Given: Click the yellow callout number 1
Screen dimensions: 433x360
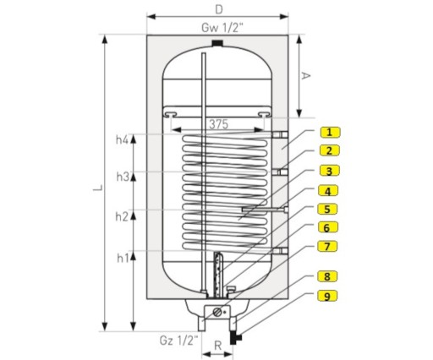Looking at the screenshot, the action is coord(330,132).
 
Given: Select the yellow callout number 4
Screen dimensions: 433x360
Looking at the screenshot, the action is coord(328,191).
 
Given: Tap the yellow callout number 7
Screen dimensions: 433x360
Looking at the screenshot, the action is coord(327,247).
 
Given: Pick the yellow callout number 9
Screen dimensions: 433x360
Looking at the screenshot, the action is coord(327,296).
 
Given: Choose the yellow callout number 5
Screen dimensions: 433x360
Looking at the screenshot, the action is coord(327,210).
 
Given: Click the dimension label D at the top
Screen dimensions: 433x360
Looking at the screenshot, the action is coord(219,10).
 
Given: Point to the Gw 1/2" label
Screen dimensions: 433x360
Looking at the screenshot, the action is coord(222,28).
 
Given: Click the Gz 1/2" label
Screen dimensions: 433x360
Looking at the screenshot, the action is coord(178,341).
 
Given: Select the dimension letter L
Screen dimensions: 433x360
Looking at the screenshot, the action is coord(97,188).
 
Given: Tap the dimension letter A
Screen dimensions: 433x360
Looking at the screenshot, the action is coord(305,75).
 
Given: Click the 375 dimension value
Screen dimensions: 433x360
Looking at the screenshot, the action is coord(218,124).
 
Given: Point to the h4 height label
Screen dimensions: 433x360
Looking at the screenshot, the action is coord(122,139).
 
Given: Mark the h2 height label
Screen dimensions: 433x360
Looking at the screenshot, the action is coord(122,216).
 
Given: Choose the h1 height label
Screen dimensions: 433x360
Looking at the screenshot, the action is coord(123,258).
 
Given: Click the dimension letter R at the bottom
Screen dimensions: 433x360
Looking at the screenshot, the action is coord(217,346).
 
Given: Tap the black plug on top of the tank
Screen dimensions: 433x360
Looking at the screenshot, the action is coord(217,43).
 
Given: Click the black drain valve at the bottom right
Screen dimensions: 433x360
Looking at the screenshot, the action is coord(235,337).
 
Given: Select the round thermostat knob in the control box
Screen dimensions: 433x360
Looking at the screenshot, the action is coord(217,312).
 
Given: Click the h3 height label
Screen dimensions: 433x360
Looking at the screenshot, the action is coord(123,177).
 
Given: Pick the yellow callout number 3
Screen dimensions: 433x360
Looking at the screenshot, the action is coord(329,171).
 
